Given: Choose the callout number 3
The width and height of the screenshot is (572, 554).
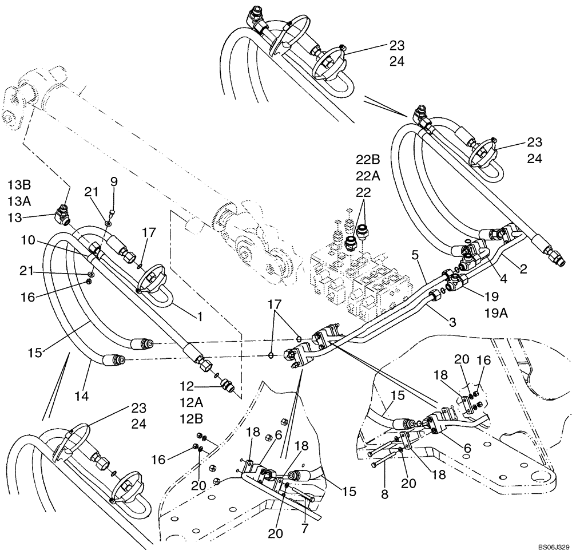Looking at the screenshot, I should click(x=452, y=323).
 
